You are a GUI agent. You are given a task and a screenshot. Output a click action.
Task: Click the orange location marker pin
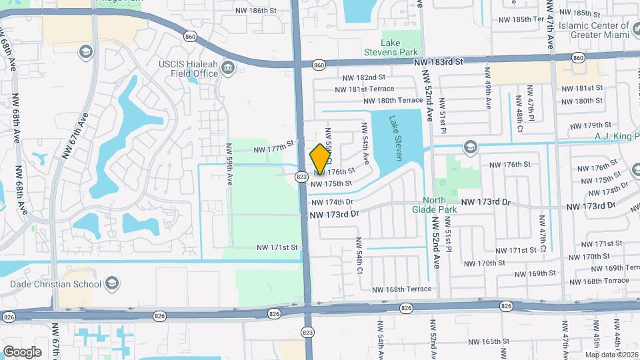tap(321, 158)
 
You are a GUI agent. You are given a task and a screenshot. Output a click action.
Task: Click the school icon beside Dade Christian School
tap(111, 285)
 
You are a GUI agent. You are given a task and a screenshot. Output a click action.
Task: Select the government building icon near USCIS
tap(229, 67)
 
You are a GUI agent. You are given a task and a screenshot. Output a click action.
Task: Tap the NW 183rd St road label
tap(437, 62)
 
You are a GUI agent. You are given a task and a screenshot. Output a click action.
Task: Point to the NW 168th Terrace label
tap(402, 289)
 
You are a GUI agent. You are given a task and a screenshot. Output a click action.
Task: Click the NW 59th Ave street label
tap(229, 171)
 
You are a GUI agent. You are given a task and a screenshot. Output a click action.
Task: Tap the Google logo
tap(23, 351)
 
